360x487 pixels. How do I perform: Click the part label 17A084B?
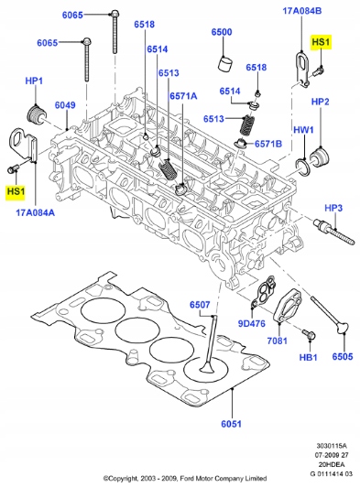coord(301,10)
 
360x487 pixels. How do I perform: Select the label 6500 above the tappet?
coord(222,32)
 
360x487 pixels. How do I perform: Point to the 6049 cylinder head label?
coord(64,106)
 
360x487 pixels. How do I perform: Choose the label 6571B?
coord(267,143)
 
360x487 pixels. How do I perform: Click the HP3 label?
coord(333,208)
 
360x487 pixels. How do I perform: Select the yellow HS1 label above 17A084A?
coord(16,191)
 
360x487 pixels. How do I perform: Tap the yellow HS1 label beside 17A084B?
coord(322,43)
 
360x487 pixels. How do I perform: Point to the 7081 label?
coord(278,341)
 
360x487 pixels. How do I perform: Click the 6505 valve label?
coord(343,356)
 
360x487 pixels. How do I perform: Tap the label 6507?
coord(200,305)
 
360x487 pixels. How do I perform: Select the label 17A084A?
coord(35,212)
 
